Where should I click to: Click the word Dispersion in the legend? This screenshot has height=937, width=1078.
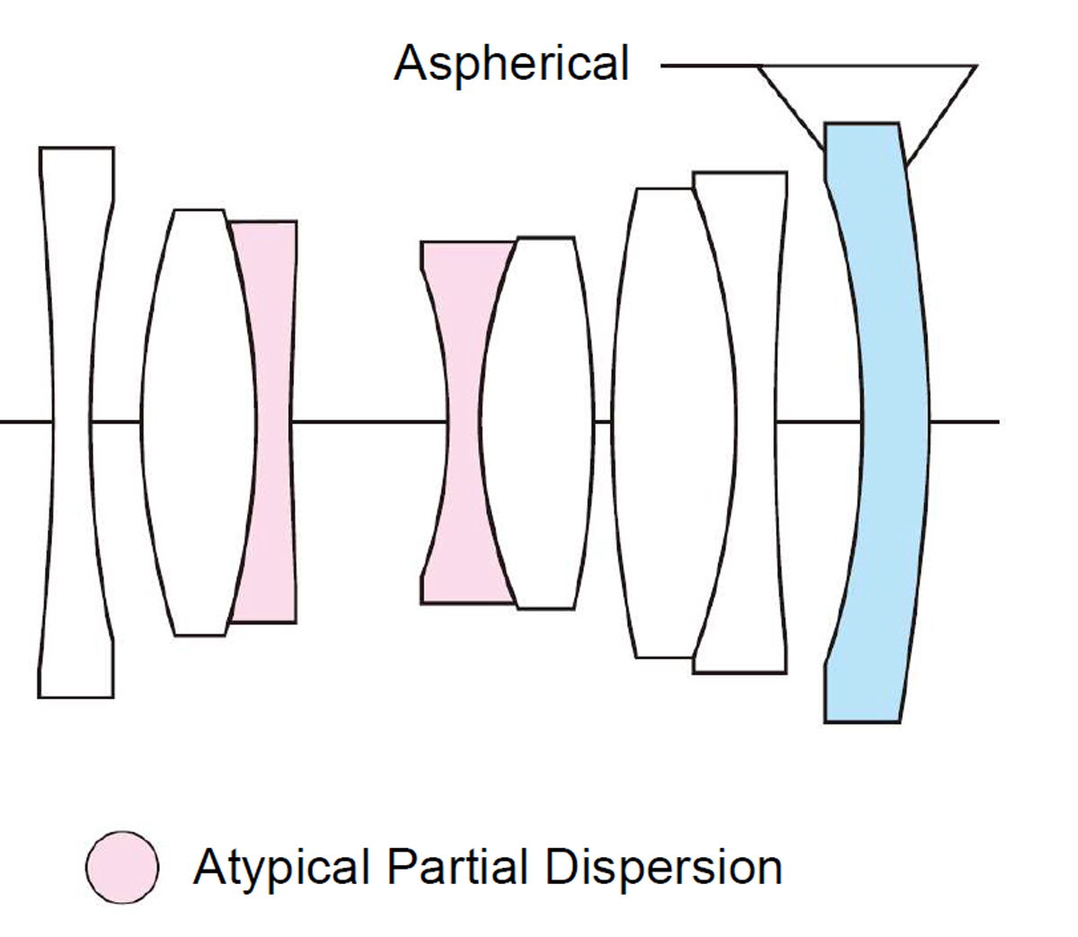pyautogui.click(x=663, y=868)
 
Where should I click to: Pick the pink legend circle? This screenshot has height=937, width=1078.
pyautogui.click(x=123, y=867)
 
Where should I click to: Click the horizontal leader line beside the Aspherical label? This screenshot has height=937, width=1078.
pyautogui.click(x=710, y=66)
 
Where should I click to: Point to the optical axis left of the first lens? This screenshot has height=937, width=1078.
pyautogui.click(x=22, y=420)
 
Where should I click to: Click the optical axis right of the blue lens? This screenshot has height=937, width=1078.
pyautogui.click(x=966, y=420)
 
